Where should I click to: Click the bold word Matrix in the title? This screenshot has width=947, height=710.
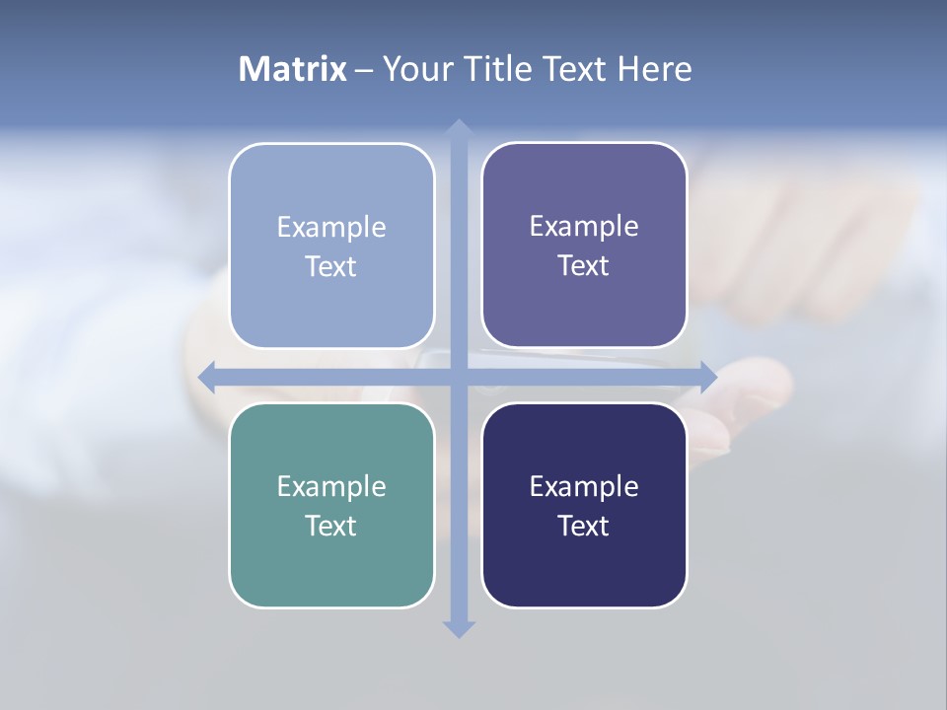tap(293, 69)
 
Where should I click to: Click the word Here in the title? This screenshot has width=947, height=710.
tap(654, 69)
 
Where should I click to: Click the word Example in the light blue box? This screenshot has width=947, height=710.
tap(331, 228)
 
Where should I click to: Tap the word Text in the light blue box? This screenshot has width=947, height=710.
tap(331, 267)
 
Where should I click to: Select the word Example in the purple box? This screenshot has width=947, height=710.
tap(584, 227)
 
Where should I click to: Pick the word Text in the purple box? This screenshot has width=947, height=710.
tap(584, 266)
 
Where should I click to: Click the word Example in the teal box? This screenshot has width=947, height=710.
tap(331, 487)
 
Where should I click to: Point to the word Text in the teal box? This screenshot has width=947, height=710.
tap(331, 527)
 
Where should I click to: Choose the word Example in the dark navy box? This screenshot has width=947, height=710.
tap(584, 487)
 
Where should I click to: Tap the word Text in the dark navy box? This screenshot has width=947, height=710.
tap(584, 527)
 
